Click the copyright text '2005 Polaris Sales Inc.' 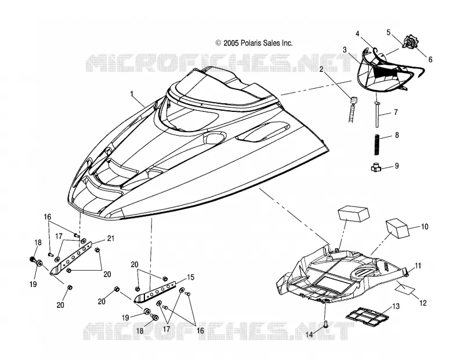[258, 43]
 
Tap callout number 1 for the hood [132, 94]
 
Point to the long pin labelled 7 [377, 114]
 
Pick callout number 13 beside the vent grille [396, 306]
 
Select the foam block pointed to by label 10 [397, 228]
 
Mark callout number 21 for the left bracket [110, 238]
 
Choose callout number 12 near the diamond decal [423, 303]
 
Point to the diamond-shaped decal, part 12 [405, 288]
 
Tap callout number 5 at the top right [389, 32]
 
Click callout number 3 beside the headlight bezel [345, 50]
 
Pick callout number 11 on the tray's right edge [418, 266]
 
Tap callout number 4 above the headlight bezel [357, 34]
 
